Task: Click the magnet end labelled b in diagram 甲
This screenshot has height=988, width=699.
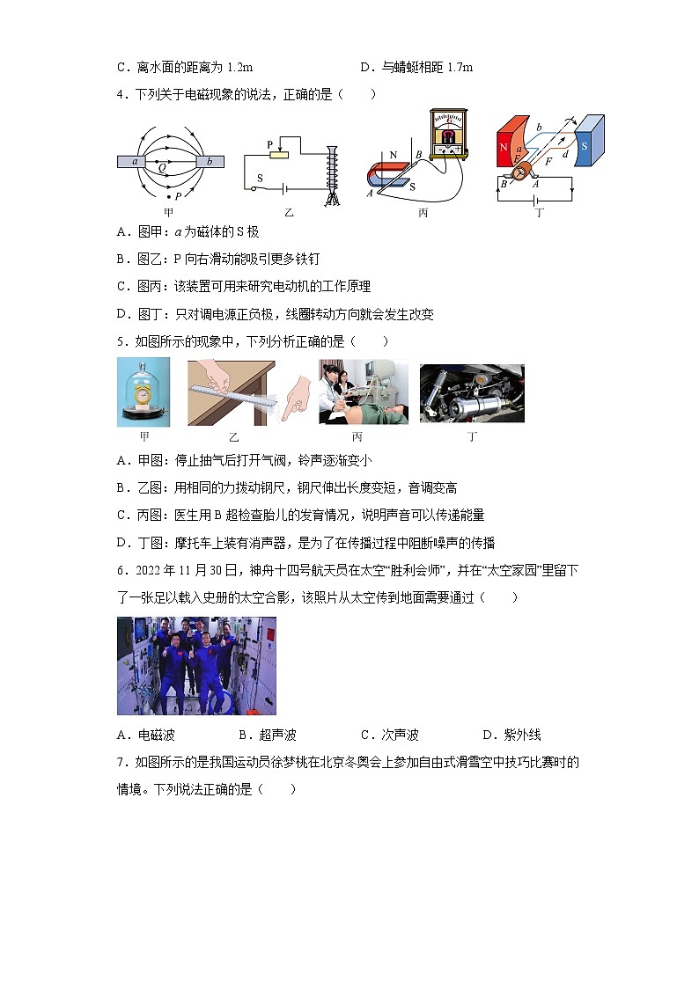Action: [x=210, y=162]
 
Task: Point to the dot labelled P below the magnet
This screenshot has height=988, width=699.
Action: [x=168, y=195]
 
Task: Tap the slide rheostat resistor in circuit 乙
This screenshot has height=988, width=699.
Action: [x=279, y=155]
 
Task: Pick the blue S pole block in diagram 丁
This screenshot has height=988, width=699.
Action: [x=589, y=141]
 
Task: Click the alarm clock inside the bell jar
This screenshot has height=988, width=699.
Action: [x=143, y=395]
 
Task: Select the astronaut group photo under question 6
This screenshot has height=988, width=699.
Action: [x=196, y=665]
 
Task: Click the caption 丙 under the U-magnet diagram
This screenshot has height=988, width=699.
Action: [x=423, y=212]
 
